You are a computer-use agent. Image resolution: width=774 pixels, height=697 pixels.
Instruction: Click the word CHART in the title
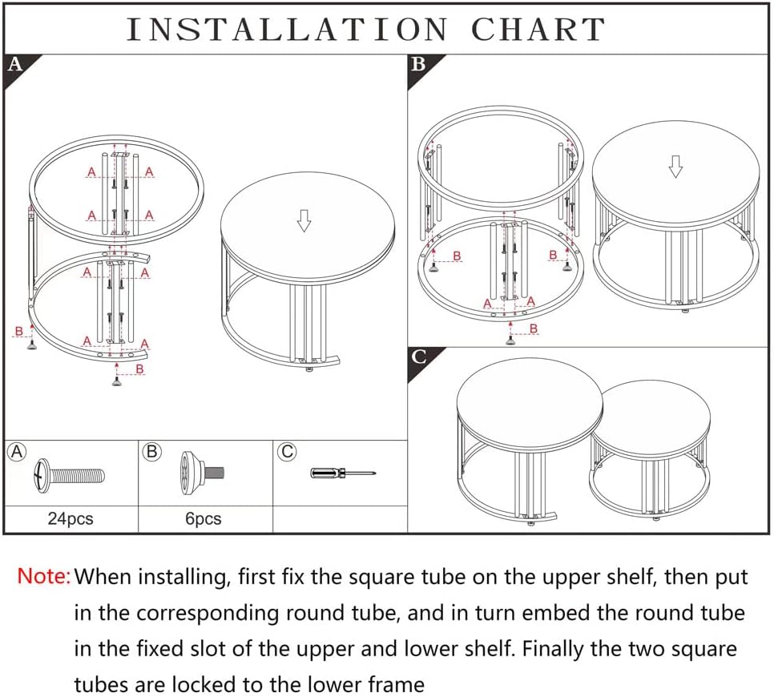[538, 30]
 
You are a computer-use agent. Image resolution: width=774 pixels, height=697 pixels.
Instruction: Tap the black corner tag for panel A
[14, 64]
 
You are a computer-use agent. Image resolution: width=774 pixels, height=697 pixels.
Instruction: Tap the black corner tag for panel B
[418, 64]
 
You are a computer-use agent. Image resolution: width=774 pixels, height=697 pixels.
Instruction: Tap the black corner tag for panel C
[418, 357]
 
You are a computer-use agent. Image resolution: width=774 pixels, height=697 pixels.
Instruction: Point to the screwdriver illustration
[342, 473]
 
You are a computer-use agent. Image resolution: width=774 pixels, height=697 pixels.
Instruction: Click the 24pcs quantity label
[71, 518]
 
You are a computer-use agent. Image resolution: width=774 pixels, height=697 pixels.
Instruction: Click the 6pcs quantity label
[204, 518]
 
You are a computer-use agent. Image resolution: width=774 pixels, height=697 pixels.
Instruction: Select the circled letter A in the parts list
[17, 452]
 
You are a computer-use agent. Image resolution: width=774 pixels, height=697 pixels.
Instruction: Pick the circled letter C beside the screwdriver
[286, 452]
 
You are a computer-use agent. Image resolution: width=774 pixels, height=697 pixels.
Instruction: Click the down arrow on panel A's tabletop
[304, 220]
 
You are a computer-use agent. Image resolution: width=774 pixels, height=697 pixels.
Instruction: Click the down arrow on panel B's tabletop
[675, 166]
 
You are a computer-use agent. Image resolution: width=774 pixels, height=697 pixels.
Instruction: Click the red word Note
[44, 576]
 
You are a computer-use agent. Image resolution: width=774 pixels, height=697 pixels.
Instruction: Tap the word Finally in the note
[553, 649]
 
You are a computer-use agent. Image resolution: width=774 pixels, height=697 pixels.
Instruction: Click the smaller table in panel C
[651, 449]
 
